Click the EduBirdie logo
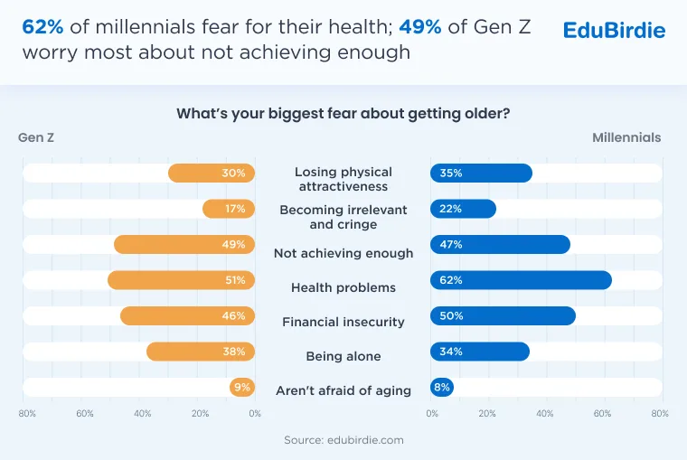coord(614,30)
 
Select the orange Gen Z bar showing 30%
coord(212,173)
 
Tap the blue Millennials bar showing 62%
coord(521,280)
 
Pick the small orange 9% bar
coord(242,388)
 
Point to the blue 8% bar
coord(442,388)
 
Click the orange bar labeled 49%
coord(184,244)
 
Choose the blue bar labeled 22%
coord(463,209)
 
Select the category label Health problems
coord(343,287)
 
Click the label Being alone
coord(343,356)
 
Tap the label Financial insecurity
coord(343,322)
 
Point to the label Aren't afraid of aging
coord(343,390)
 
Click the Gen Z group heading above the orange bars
coord(36,137)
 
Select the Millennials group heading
coord(626,137)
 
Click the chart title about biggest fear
coord(343,114)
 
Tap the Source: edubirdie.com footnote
coord(343,440)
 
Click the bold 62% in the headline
coord(43,27)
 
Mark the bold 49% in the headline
coord(420,27)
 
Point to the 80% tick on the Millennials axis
coord(660,414)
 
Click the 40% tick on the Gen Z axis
coord(143,414)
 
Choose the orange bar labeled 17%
coord(229,209)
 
